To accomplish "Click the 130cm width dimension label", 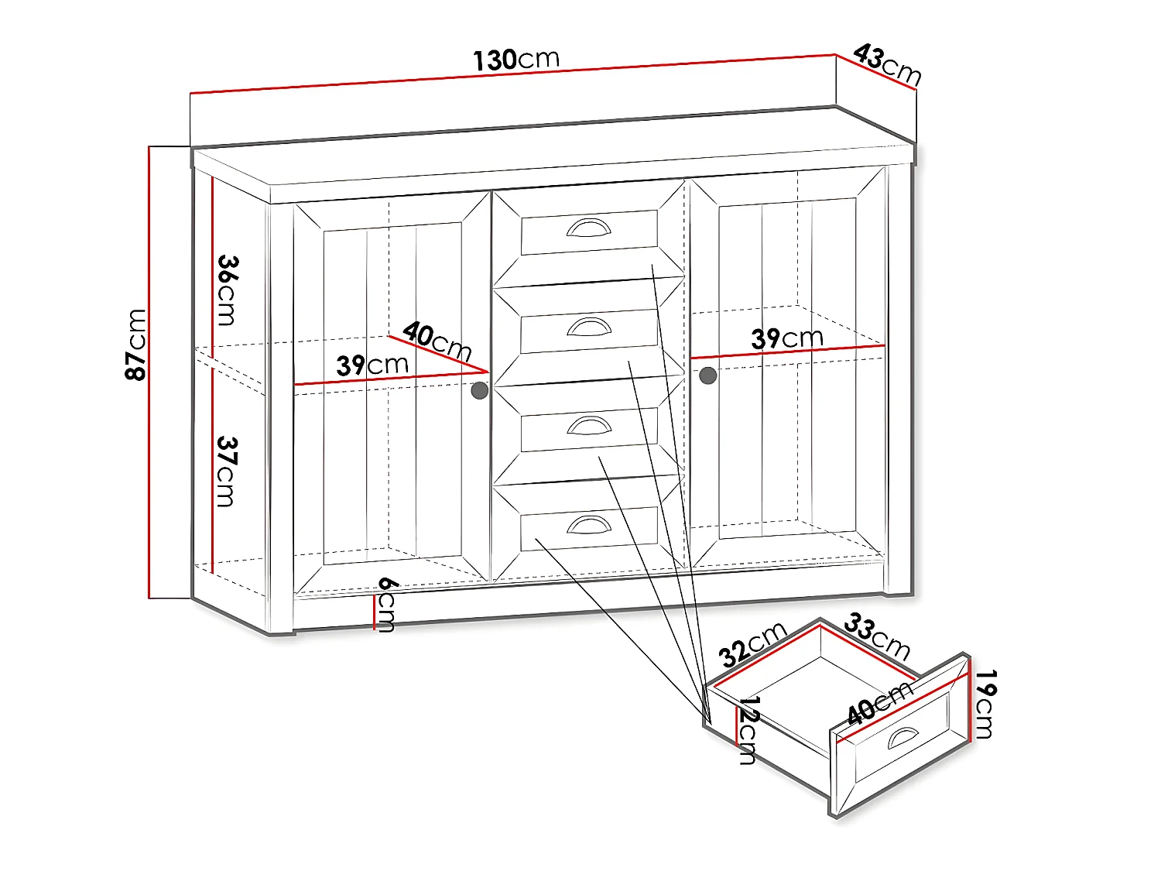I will click(515, 60).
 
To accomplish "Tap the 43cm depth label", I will click(887, 65).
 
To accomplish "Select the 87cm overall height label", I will click(136, 345).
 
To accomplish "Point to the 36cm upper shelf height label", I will click(227, 290).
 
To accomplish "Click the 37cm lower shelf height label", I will click(227, 471).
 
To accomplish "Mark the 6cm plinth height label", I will click(386, 604).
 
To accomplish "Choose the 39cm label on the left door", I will click(372, 365).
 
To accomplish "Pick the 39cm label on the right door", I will click(786, 338).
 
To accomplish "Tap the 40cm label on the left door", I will click(437, 341).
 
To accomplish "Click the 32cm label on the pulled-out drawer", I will click(752, 644).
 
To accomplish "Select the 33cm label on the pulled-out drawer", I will click(877, 636).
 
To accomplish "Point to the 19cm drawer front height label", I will click(985, 705).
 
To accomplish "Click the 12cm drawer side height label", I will click(748, 730).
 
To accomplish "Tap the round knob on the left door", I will click(480, 390).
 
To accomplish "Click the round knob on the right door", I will click(707, 376).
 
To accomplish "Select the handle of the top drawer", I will click(588, 228).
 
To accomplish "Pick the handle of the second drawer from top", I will click(588, 327).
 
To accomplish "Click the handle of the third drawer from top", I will click(588, 426).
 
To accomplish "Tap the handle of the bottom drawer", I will click(588, 525).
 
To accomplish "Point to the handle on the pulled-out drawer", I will click(902, 739).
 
